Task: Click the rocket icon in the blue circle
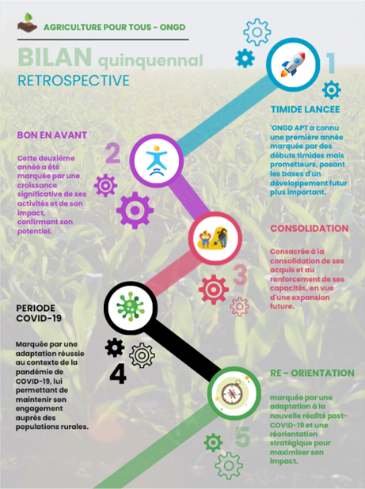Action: pos(293,65)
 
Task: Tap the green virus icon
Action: pos(130,307)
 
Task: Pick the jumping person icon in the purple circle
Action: pos(157,161)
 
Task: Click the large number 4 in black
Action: pos(118,374)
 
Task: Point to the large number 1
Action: pos(331,63)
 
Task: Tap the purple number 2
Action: pos(112,153)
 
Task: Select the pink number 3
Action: pos(241,275)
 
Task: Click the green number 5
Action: pos(243,437)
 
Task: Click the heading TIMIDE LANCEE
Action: pos(305,109)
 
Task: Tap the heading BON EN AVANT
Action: pos(52,135)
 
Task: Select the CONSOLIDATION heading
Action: pos(309,229)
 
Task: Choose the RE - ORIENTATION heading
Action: pos(312,373)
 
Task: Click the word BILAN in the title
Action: pos(55,58)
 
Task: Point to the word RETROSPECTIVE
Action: pos(74,81)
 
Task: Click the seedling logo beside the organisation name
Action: pos(27,22)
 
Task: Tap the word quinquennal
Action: pos(150,61)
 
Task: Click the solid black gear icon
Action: pos(115,347)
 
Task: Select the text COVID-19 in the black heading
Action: pos(39,318)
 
